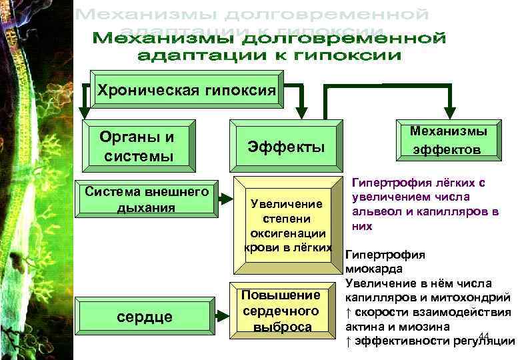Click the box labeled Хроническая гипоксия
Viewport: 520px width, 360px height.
(x=186, y=91)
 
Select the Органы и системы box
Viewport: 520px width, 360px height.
(x=137, y=146)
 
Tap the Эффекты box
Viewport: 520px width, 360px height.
(x=286, y=146)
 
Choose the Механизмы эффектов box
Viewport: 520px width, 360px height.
(x=449, y=140)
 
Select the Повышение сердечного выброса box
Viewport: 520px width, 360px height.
(x=281, y=311)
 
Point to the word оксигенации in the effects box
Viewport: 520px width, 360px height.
(x=287, y=233)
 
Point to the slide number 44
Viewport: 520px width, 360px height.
(x=484, y=335)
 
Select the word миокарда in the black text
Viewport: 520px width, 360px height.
(x=373, y=269)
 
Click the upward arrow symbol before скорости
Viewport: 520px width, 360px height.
(x=348, y=312)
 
